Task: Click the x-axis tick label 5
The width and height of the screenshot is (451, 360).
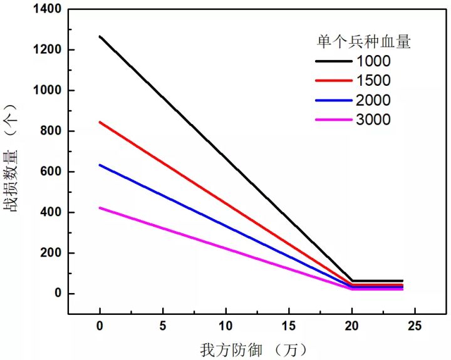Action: pyautogui.click(x=163, y=327)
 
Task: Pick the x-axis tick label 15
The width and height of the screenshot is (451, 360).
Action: pyautogui.click(x=289, y=327)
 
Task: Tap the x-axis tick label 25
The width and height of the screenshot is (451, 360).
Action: pyautogui.click(x=415, y=327)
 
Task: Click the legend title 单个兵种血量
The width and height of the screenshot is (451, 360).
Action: pyautogui.click(x=363, y=42)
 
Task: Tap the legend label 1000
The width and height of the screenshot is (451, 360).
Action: pyautogui.click(x=373, y=61)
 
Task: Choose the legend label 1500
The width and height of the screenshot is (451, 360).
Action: pyautogui.click(x=373, y=81)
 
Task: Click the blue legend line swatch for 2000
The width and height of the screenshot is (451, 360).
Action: pyautogui.click(x=333, y=100)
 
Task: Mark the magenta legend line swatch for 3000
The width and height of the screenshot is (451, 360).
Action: pyautogui.click(x=333, y=120)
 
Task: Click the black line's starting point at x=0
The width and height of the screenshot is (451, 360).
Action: pyautogui.click(x=100, y=36)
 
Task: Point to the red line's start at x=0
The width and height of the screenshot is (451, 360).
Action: pyautogui.click(x=100, y=122)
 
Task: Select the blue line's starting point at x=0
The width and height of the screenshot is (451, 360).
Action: pyautogui.click(x=100, y=165)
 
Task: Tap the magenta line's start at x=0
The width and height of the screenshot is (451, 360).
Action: pyautogui.click(x=100, y=208)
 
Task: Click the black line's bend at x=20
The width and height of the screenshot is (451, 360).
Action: pyautogui.click(x=352, y=281)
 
